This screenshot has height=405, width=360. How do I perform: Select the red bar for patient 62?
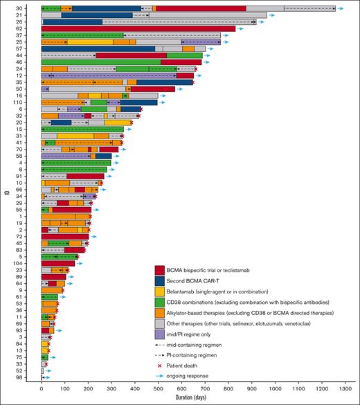138,28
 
